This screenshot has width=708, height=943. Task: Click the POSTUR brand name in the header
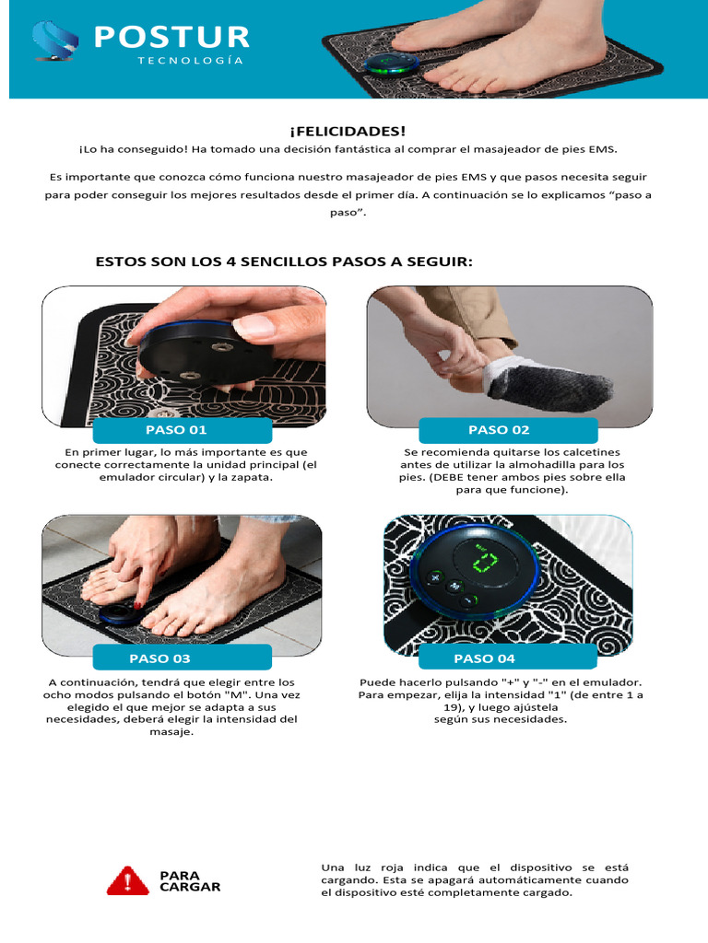171,37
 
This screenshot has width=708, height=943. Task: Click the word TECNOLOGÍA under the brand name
191,61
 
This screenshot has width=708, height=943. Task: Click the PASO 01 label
176,430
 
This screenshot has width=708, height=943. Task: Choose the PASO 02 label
499,430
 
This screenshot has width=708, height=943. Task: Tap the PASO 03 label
160,658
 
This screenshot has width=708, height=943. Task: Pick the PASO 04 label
485,658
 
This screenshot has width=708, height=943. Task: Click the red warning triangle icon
127,881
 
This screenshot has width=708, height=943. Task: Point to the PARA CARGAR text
190,881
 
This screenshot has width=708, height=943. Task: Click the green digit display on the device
481,562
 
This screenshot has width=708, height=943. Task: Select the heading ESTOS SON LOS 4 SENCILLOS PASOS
284,262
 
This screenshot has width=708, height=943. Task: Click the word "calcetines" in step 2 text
590,452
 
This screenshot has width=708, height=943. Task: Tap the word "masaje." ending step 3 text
173,731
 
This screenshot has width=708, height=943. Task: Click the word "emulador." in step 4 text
615,682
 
